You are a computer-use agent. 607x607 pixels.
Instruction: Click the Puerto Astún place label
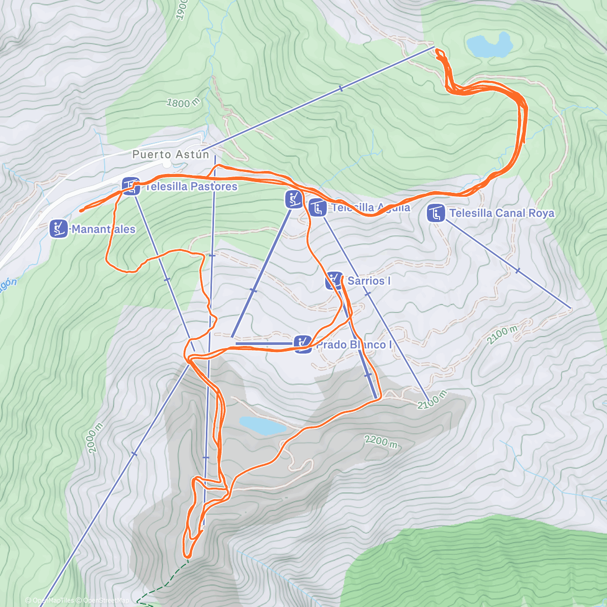coord(170,154)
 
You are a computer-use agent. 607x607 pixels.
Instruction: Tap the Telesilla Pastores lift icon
coord(131,186)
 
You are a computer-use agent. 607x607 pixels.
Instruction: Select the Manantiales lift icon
coord(59,229)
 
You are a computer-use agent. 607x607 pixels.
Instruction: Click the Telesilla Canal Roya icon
coord(436,213)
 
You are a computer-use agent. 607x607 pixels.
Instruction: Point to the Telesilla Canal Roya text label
coord(501,213)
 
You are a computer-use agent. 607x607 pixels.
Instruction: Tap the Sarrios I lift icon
coord(334,281)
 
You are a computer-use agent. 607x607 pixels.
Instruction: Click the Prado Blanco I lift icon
coord(303,344)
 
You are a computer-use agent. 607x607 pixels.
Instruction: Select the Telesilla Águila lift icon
coord(318,207)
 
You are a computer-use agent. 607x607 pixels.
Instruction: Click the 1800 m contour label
coord(183,103)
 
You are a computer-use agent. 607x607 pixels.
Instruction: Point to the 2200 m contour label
coord(380,441)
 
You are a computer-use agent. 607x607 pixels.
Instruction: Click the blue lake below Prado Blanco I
coord(263,425)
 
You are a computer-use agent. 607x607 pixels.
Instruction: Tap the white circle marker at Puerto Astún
coord(167,164)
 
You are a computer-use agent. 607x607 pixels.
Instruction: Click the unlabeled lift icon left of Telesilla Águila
coord(294,199)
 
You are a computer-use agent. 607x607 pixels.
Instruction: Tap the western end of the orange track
coord(80,210)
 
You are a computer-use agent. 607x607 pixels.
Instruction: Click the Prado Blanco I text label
coord(354,345)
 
